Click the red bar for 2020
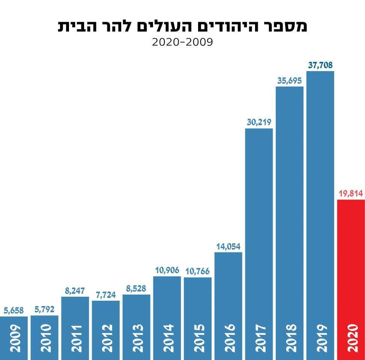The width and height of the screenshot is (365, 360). click(x=351, y=262)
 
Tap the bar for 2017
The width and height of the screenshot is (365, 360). click(x=259, y=225)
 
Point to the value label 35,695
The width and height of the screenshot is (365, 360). click(x=289, y=81)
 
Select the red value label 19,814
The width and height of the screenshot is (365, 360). click(x=351, y=193)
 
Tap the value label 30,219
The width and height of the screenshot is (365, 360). click(x=259, y=122)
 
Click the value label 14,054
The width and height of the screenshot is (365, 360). click(x=228, y=246)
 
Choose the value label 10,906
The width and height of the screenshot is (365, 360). click(x=167, y=270)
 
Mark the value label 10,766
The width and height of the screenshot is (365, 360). click(x=197, y=271)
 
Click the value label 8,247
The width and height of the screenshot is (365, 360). click(x=75, y=291)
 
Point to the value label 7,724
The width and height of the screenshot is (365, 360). click(x=105, y=294)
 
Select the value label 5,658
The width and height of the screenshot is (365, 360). click(x=14, y=310)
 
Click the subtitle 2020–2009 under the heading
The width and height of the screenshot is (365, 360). click(x=182, y=42)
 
